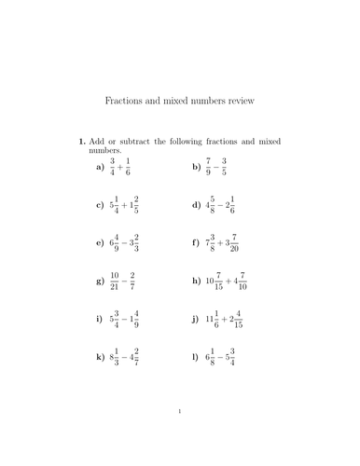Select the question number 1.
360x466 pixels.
click(x=81, y=142)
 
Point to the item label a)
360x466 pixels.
click(x=100, y=168)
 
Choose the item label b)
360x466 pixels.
click(x=197, y=168)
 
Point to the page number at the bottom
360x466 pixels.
click(x=179, y=436)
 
